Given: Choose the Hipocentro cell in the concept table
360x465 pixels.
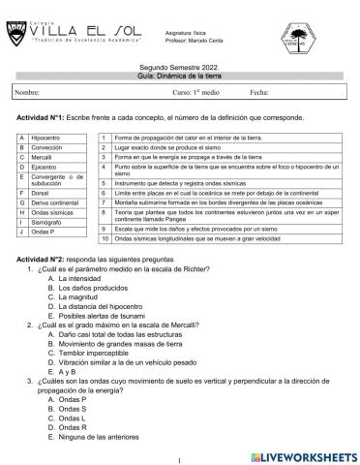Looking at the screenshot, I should point(47,138).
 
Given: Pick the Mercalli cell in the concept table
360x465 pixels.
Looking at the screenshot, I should point(45,156).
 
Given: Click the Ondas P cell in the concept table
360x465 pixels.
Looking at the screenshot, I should point(45,232).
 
